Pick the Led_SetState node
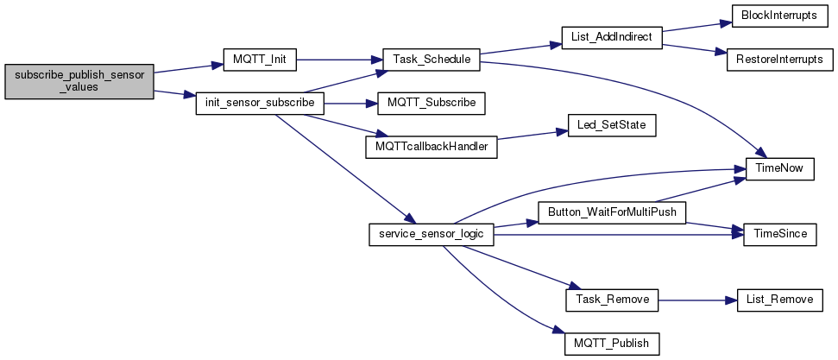click(612, 125)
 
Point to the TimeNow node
click(780, 168)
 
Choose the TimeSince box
click(780, 234)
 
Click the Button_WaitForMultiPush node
click(612, 212)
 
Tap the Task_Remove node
click(612, 300)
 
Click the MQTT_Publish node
click(612, 343)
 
